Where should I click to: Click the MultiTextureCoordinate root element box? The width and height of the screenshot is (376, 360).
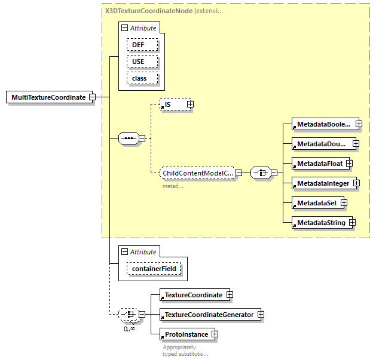click(48, 97)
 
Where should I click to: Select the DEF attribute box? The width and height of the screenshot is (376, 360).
click(142, 45)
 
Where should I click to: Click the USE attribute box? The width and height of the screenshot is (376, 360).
click(142, 61)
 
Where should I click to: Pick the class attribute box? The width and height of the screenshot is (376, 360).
click(142, 78)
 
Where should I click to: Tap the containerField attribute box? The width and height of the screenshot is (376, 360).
click(154, 270)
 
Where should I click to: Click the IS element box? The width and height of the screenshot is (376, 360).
click(173, 104)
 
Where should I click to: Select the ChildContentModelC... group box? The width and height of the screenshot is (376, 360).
click(197, 173)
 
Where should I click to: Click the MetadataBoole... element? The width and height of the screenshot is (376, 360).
click(322, 124)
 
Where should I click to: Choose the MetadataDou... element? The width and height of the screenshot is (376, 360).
click(321, 144)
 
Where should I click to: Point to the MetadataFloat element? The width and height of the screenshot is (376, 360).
click(318, 163)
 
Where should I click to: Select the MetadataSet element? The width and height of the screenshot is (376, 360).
click(316, 203)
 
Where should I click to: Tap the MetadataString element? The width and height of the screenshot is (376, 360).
click(320, 223)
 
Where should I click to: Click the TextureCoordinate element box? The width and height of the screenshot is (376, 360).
click(192, 295)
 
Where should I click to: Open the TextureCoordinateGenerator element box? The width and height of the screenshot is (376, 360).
click(208, 315)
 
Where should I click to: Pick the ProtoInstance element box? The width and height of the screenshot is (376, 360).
click(185, 334)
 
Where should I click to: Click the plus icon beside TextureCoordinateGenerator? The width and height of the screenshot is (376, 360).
click(261, 315)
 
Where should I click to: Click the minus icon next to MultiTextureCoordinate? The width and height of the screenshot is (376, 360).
click(92, 97)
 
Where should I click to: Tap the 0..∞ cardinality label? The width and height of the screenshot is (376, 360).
click(129, 329)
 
